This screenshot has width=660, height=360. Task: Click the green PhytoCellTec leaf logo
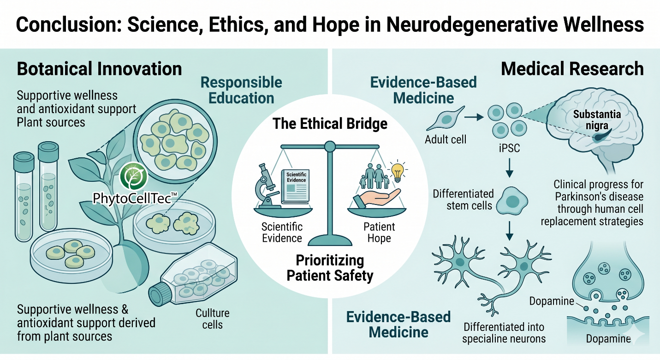click(133, 176)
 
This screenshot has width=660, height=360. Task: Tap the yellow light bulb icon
click(398, 172)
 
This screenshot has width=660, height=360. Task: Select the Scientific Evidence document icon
click(295, 186)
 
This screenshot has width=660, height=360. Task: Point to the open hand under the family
click(377, 198)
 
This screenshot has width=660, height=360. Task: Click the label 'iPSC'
click(510, 148)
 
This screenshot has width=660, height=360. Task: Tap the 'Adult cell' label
click(446, 139)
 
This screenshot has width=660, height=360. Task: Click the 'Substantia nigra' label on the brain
click(597, 120)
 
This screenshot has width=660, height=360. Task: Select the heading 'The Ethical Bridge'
click(330, 124)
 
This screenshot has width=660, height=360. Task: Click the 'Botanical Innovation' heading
click(99, 69)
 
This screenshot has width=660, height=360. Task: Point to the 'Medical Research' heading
click(572, 69)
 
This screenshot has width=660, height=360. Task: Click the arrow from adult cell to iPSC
click(474, 117)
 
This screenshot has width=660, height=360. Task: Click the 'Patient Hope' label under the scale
click(379, 232)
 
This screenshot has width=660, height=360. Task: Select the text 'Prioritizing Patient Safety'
click(330, 268)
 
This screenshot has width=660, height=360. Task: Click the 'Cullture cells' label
click(213, 319)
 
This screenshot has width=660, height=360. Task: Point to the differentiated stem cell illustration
click(512, 201)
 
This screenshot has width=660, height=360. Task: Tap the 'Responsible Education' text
click(241, 90)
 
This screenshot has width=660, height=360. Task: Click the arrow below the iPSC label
click(510, 168)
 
